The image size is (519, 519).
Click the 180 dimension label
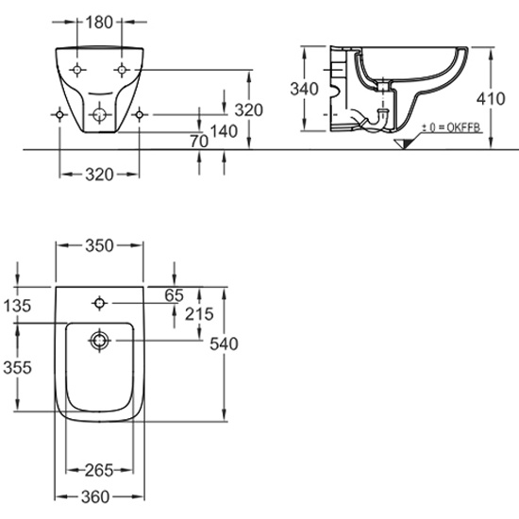coord(99,23)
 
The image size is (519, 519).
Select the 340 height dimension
coord(304,89)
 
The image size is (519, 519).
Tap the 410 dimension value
coord(491,99)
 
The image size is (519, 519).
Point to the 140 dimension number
coord(224,131)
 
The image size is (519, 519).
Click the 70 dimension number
coord(199,142)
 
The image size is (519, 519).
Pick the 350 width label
coord(99,245)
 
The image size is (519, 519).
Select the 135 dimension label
coord(17,306)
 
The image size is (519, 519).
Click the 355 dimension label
coord(17,367)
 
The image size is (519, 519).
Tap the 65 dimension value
coord(175,295)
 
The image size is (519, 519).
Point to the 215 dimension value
coord(199,314)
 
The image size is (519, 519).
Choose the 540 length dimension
coord(224,343)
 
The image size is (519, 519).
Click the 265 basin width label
coord(99,470)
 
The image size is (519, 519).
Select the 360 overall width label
coord(95,496)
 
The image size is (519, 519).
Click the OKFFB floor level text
coord(463,127)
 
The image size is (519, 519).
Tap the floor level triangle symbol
coord(404,144)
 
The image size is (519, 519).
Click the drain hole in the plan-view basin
coord(100,341)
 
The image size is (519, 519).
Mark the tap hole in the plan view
coord(100,303)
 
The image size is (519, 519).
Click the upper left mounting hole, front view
coord(76,70)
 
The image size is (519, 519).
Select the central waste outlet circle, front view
coord(99,115)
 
